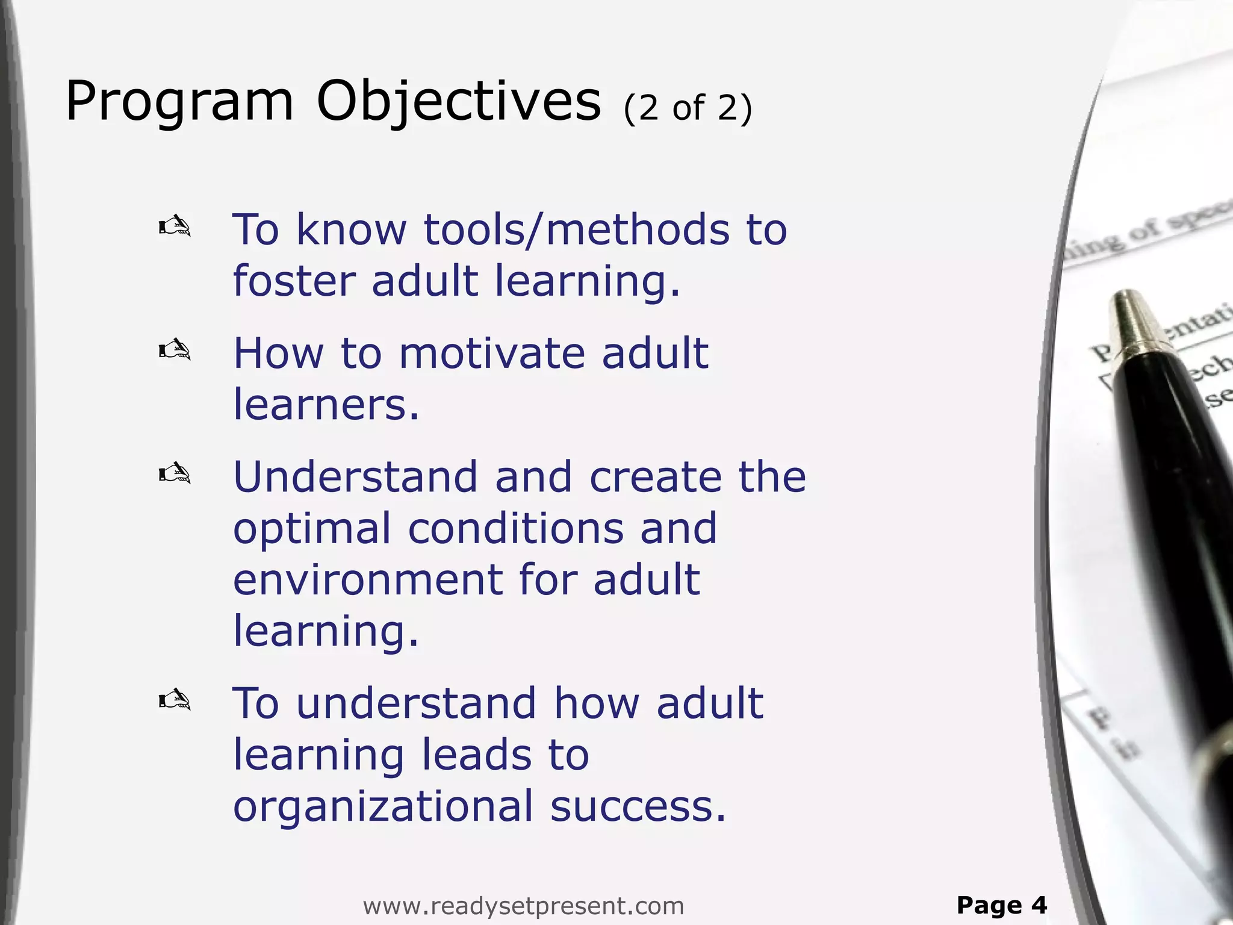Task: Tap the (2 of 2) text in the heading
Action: (x=688, y=109)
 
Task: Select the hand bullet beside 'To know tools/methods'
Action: (x=175, y=227)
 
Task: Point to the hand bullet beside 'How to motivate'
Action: (x=175, y=349)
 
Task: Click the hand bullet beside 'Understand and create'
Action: (x=175, y=473)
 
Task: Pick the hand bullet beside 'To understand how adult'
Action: (x=175, y=700)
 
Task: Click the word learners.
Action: (x=325, y=405)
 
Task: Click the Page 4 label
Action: (x=1002, y=905)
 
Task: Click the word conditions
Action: (x=516, y=529)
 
